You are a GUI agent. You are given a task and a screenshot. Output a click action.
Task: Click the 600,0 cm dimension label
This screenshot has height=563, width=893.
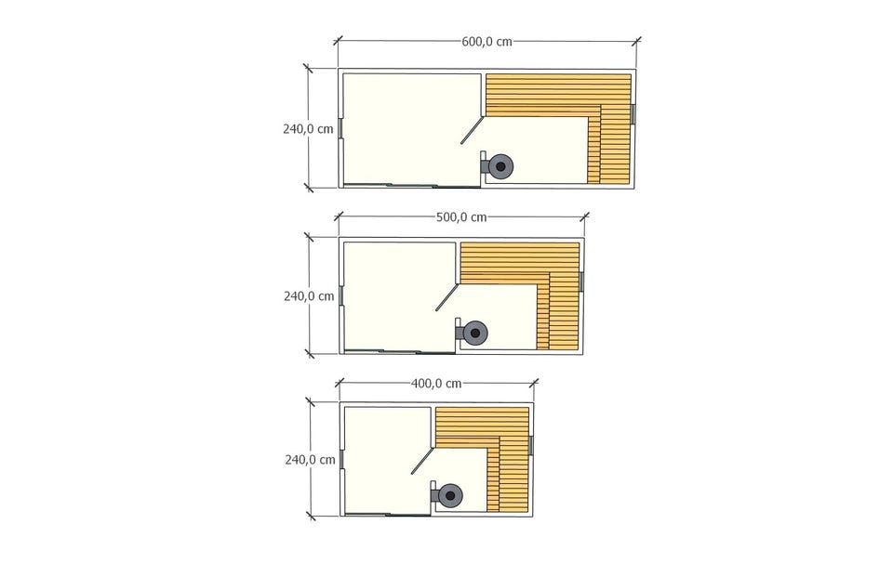click(x=486, y=41)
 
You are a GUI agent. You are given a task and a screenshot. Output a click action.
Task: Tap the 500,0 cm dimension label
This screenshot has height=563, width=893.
click(x=461, y=216)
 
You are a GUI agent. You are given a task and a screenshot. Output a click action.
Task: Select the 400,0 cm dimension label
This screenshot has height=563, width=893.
click(x=436, y=384)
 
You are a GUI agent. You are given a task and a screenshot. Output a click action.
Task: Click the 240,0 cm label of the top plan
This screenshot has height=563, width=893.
click(x=308, y=129)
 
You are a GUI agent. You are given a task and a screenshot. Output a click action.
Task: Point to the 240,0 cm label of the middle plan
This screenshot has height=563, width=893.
click(x=309, y=296)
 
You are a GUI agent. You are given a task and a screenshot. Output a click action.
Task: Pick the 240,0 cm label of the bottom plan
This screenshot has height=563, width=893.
click(x=311, y=460)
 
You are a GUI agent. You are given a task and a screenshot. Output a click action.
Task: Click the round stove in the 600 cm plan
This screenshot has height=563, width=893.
click(x=500, y=166)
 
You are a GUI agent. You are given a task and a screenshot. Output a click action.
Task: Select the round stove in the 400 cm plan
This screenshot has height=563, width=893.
click(x=450, y=496)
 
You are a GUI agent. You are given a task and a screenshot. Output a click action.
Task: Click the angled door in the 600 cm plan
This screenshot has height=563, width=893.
click(x=473, y=130)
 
